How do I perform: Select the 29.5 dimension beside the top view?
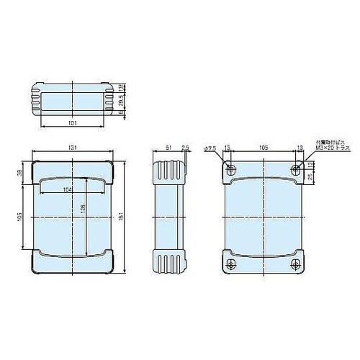pyautogui.click(x=122, y=100)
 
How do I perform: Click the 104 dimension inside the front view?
pyautogui.click(x=68, y=189)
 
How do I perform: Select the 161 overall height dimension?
pyautogui.click(x=127, y=216)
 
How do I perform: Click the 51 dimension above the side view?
pyautogui.click(x=168, y=148)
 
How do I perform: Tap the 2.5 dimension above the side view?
pyautogui.click(x=186, y=148)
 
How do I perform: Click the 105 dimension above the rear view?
pyautogui.click(x=264, y=148)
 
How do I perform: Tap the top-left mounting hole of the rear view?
pyautogui.click(x=230, y=170)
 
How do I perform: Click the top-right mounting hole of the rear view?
pyautogui.click(x=297, y=170)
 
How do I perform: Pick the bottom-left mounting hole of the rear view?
pyautogui.click(x=230, y=264)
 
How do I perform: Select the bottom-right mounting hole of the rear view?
pyautogui.click(x=297, y=264)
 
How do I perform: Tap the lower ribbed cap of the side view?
pyautogui.click(x=171, y=261)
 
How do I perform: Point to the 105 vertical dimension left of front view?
pyautogui.click(x=21, y=216)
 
